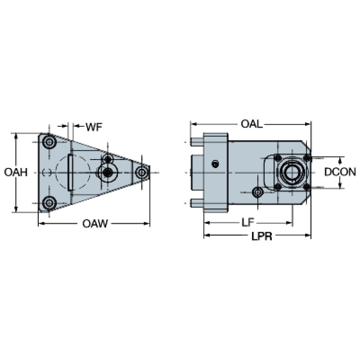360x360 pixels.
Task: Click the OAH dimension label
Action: (x=15, y=172)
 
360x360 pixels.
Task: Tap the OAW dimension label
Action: (x=95, y=224)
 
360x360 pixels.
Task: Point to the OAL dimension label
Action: (x=252, y=124)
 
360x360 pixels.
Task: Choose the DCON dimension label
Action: (x=340, y=172)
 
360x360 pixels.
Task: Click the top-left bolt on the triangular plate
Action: (x=49, y=142)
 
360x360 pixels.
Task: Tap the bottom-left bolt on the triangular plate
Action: (x=49, y=203)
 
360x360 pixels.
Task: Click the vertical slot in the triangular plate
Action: (x=70, y=172)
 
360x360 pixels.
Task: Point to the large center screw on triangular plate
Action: (x=108, y=172)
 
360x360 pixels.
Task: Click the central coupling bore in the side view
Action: (x=291, y=172)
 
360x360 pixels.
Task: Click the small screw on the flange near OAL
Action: (x=215, y=164)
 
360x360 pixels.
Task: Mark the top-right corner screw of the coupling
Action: (x=306, y=158)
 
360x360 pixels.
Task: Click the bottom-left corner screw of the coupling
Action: (x=278, y=187)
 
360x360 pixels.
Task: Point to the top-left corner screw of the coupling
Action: (x=278, y=158)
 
